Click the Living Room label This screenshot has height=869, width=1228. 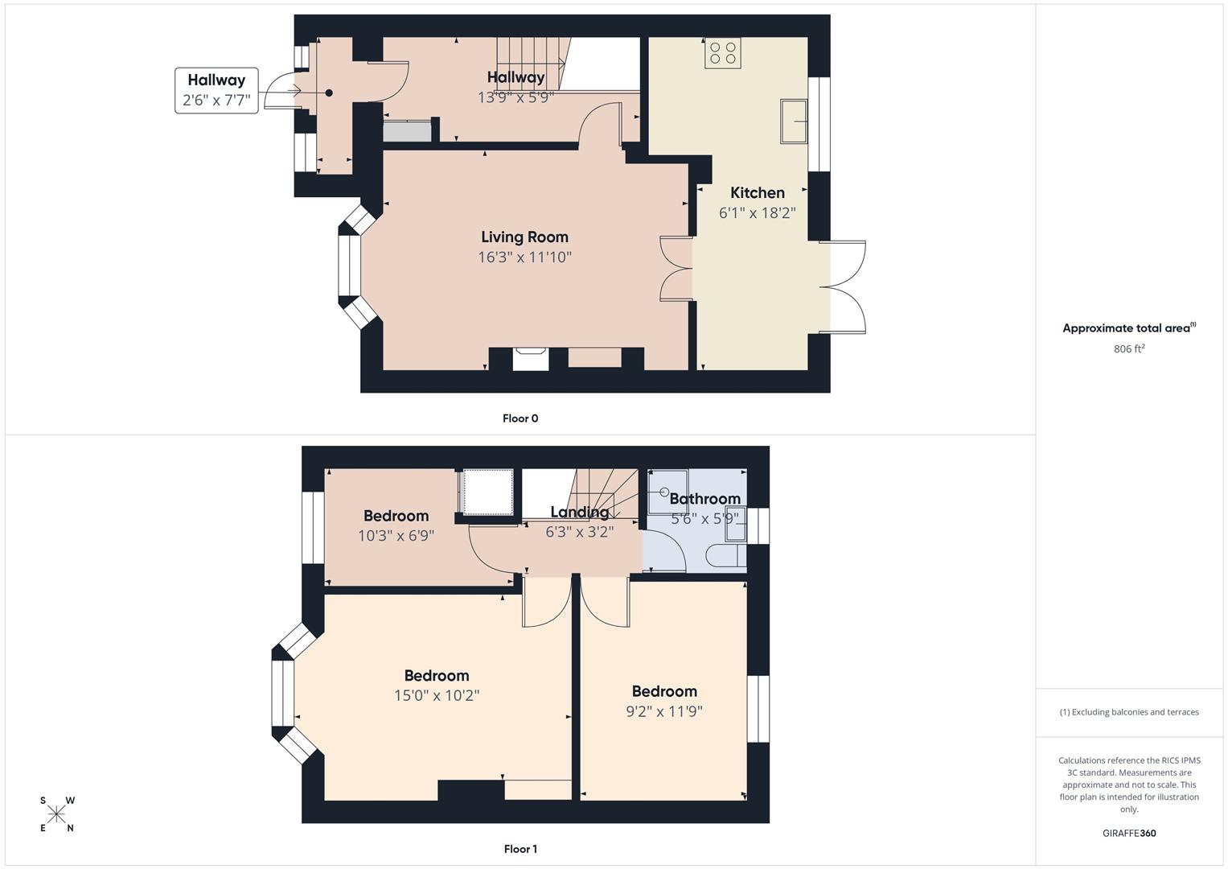(x=524, y=237)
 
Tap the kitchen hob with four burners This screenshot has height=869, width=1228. (x=722, y=53)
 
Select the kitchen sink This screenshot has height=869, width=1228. (x=793, y=121)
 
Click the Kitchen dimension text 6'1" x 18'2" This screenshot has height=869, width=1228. (x=757, y=213)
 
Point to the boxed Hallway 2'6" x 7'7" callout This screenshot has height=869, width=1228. (x=216, y=90)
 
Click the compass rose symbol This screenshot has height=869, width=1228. (x=56, y=814)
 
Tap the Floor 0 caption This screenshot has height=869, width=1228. (x=520, y=418)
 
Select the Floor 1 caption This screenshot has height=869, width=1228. (x=520, y=849)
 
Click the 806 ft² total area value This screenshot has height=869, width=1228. (x=1128, y=349)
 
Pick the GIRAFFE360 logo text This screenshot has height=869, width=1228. (x=1128, y=833)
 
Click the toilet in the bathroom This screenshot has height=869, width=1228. (x=723, y=556)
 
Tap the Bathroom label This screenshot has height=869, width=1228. (x=704, y=499)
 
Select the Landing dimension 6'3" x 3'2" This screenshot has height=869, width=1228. (x=579, y=532)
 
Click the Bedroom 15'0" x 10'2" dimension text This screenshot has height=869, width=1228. (x=437, y=696)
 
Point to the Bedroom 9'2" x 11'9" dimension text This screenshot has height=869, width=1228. (x=663, y=712)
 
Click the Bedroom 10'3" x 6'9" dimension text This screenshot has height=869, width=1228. (x=396, y=535)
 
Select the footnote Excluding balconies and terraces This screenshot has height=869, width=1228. (x=1128, y=712)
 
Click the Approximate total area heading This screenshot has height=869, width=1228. (x=1128, y=328)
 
